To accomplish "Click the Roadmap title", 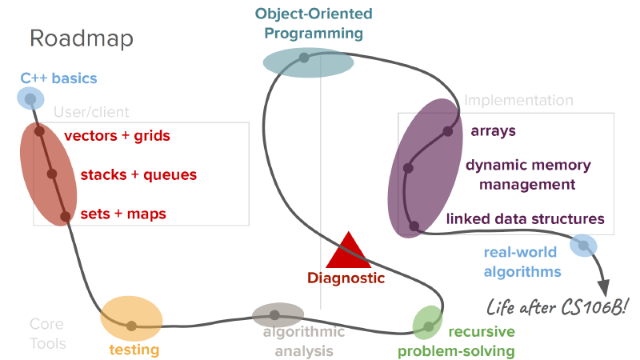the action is (82, 38).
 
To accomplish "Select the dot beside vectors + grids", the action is (39, 131).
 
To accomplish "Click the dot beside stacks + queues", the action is (52, 174).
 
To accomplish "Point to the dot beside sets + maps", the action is (66, 216).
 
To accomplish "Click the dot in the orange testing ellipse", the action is (131, 326).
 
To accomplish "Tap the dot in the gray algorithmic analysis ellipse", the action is (274, 315).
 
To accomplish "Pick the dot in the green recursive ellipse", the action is (429, 327).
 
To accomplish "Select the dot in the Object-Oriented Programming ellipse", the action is (304, 58).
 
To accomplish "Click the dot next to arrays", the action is (448, 131).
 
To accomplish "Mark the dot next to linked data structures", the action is (414, 226).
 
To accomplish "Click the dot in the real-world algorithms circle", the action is (584, 246).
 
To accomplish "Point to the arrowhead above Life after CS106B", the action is (604, 288).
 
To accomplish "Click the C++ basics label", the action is (58, 78).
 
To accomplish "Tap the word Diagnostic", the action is (346, 278).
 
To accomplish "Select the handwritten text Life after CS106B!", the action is (558, 307).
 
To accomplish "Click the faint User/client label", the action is (91, 112).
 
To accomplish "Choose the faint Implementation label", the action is (518, 101).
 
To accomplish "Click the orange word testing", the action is (134, 350).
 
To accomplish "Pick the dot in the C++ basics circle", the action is (30, 98).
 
